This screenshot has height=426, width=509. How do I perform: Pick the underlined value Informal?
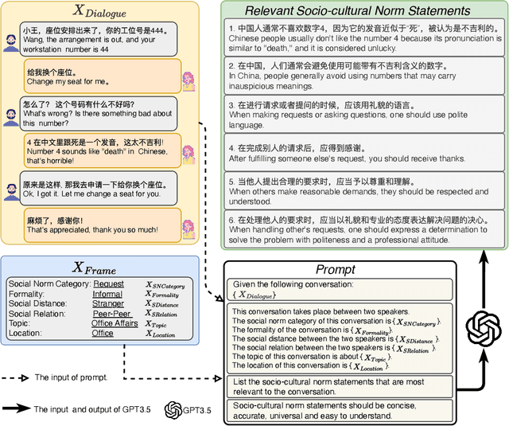click(x=107, y=294)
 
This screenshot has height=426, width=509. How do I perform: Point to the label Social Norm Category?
click(x=47, y=284)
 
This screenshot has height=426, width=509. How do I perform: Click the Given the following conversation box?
click(x=340, y=289)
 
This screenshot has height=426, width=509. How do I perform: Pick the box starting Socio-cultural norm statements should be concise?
click(x=340, y=410)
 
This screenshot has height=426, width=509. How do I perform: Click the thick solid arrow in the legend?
click(x=16, y=408)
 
